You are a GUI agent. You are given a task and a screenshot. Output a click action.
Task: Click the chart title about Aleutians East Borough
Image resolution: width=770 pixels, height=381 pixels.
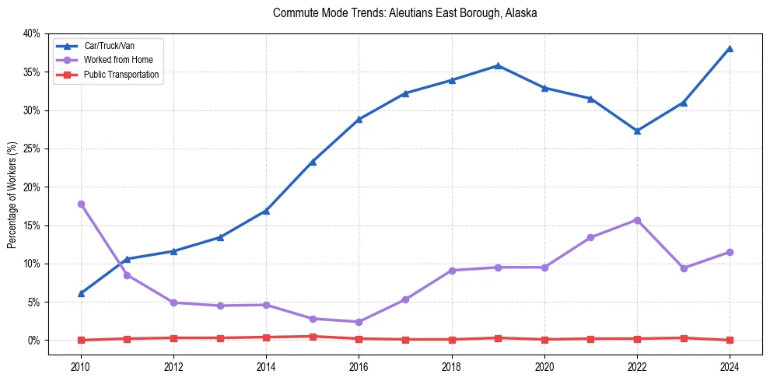[404, 13]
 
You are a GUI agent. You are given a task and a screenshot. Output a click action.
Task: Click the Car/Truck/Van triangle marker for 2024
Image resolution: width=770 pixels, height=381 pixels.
[730, 48]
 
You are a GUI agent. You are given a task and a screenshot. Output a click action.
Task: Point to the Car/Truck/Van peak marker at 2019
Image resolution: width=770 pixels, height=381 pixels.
[498, 65]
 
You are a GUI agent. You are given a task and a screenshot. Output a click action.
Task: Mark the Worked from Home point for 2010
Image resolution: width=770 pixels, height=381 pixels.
[81, 204]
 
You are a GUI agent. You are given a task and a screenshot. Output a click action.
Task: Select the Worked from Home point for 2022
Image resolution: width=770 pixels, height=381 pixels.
[637, 220]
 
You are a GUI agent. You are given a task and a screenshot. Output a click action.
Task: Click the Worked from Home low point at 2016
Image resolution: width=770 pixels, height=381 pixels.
[359, 322]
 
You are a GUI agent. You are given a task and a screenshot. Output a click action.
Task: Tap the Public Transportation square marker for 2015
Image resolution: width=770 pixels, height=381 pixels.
[313, 337]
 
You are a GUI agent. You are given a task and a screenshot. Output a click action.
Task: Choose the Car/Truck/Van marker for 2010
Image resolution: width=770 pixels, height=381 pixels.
[81, 293]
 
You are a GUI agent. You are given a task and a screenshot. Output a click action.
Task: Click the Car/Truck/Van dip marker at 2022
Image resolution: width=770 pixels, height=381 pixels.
[637, 131]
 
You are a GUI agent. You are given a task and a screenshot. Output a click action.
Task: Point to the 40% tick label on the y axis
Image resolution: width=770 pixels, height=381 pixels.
[31, 33]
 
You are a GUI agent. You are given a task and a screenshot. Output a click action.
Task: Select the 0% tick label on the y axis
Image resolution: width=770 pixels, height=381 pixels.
[33, 341]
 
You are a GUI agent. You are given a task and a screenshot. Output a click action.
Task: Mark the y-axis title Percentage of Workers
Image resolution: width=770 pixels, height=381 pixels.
[12, 194]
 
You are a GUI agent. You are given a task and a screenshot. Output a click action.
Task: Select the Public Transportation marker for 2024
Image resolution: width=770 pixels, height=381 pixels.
[730, 340]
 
